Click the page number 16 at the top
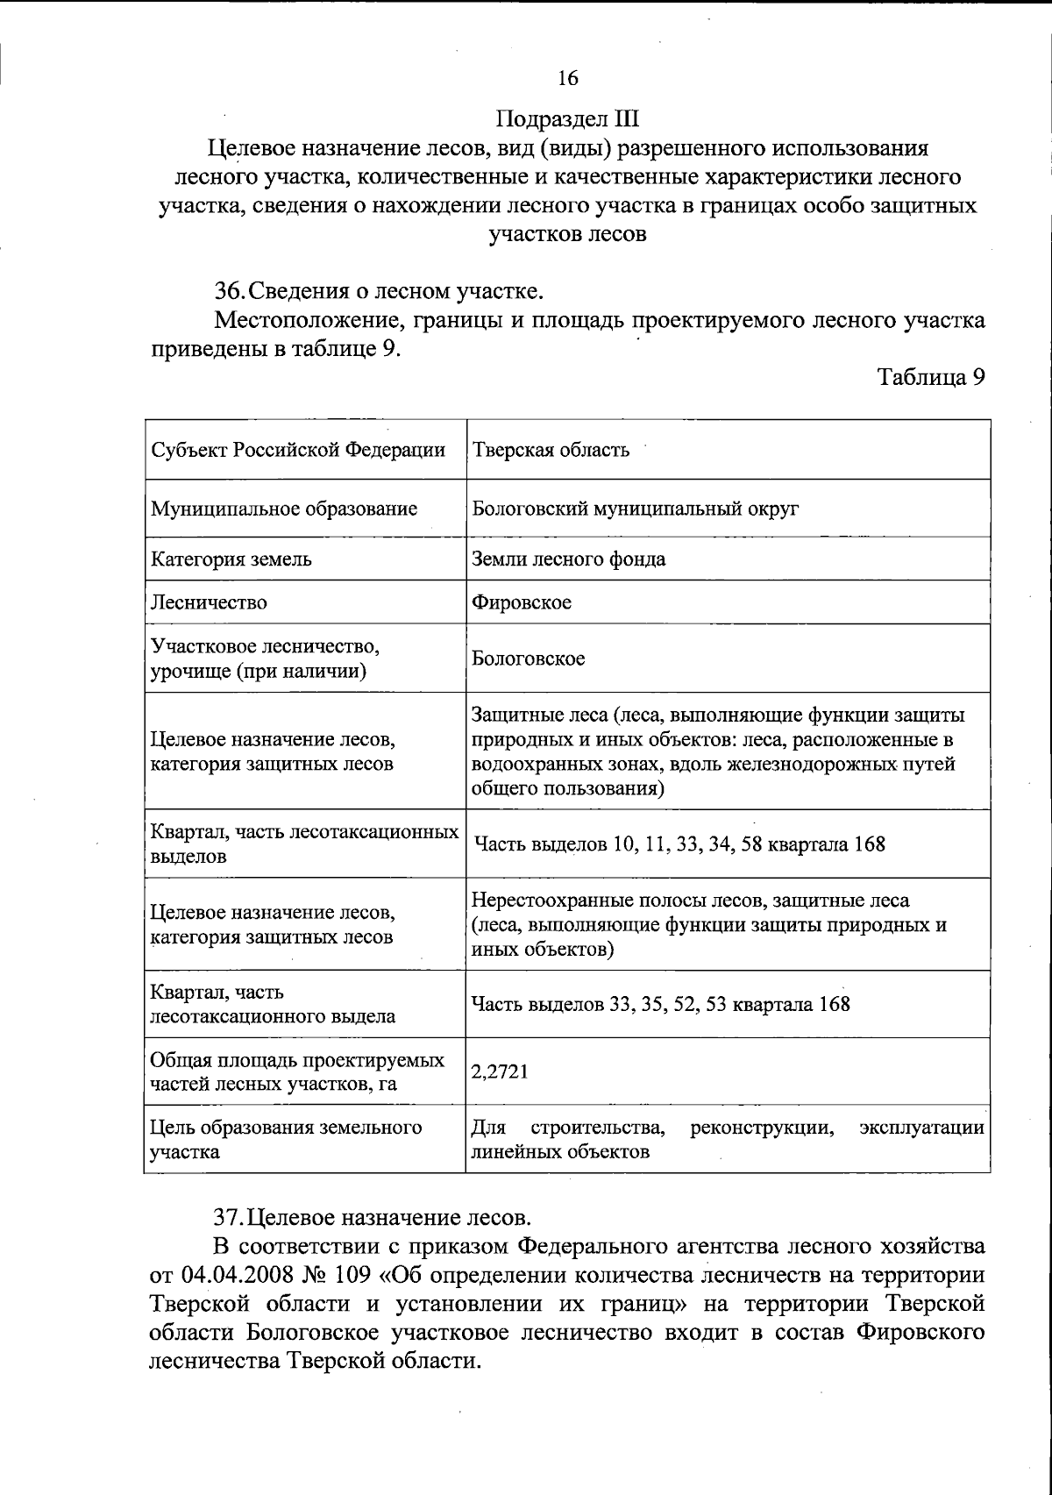(x=567, y=79)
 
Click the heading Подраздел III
(x=567, y=118)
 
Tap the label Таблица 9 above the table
(x=931, y=378)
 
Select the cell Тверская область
(x=551, y=451)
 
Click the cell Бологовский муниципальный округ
(x=635, y=509)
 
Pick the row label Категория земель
(x=231, y=559)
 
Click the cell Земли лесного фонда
(x=568, y=559)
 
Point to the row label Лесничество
(x=210, y=602)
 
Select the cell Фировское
(x=522, y=602)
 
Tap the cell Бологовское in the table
(x=528, y=659)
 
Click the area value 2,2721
(x=500, y=1071)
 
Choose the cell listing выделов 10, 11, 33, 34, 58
(x=679, y=844)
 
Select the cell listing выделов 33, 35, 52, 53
(x=660, y=1004)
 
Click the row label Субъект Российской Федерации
(x=298, y=451)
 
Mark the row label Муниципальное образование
(x=284, y=509)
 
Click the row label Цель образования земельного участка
(x=286, y=1139)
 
